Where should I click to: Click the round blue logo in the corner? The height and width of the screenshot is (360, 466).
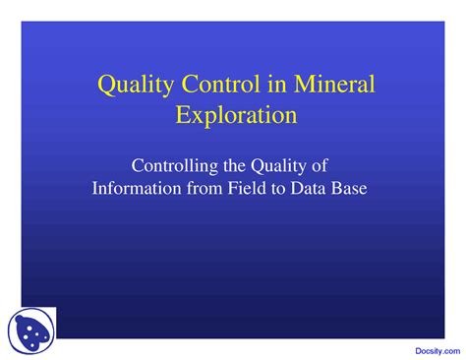click(x=31, y=330)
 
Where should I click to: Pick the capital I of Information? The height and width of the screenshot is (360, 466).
click(x=95, y=187)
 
